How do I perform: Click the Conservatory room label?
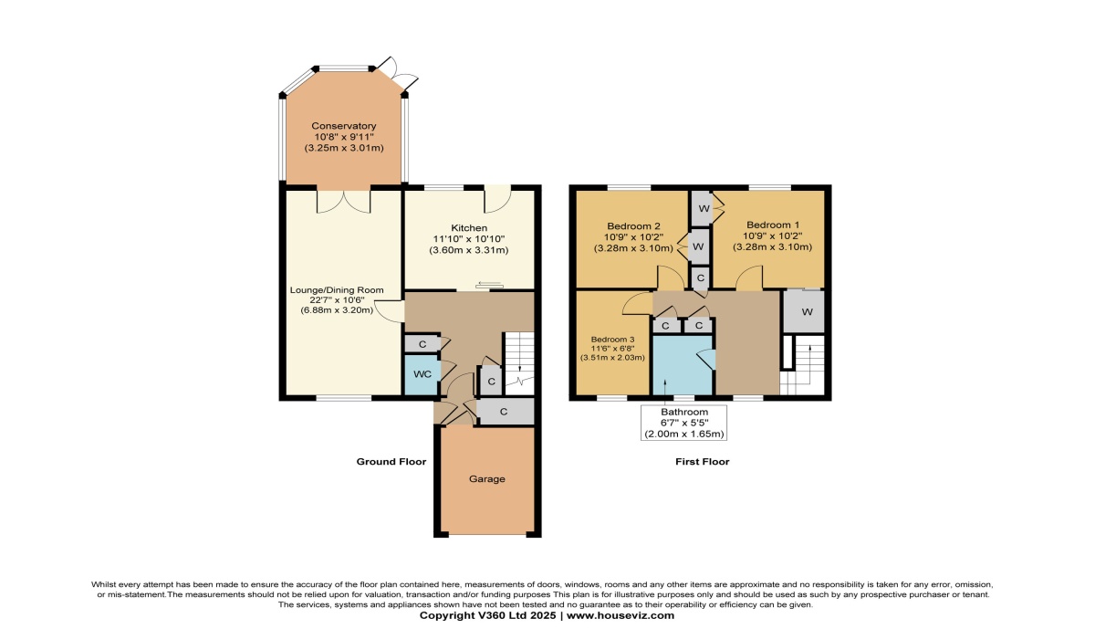(x=344, y=126)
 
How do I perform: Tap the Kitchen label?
(x=469, y=228)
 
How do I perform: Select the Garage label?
(x=487, y=479)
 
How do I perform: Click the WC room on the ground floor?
(x=422, y=374)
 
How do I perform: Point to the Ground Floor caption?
(x=391, y=462)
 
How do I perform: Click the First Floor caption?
(x=702, y=462)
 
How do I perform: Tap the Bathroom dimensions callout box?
(x=683, y=423)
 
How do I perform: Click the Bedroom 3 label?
(x=612, y=340)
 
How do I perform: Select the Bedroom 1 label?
(x=773, y=225)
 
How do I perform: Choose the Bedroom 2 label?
(x=633, y=226)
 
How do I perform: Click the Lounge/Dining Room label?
(x=337, y=290)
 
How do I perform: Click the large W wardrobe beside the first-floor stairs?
(x=804, y=311)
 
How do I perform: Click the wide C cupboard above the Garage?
(x=505, y=412)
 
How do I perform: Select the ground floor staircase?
(x=518, y=363)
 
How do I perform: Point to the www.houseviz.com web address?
(x=620, y=615)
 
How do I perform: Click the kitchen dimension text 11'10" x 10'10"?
(x=469, y=239)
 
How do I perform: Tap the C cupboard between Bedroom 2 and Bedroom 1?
(x=701, y=278)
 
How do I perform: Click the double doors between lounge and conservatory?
(x=344, y=202)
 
